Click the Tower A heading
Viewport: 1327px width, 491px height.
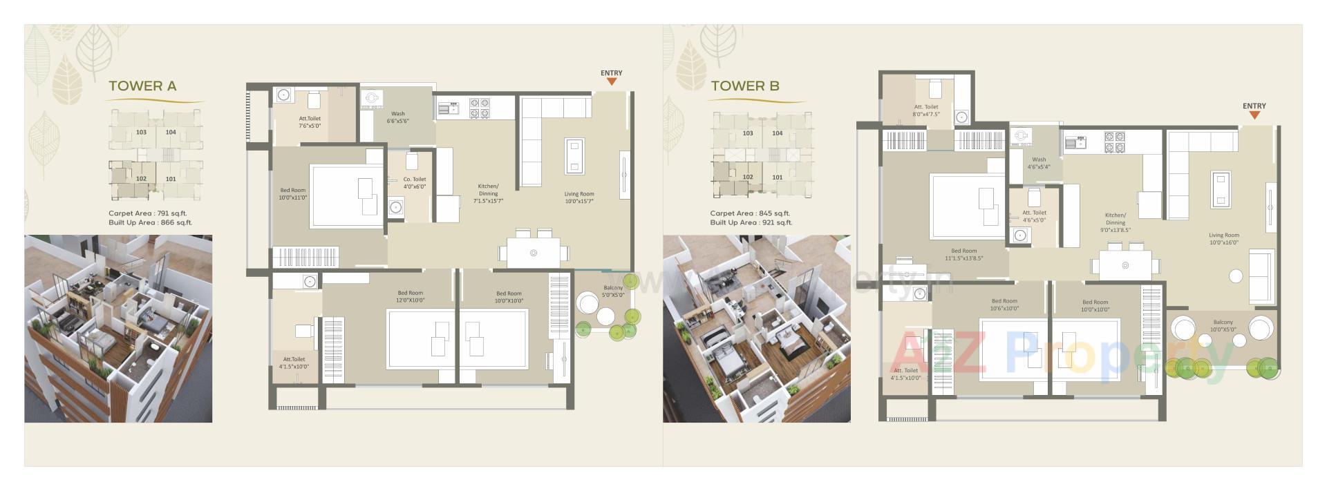pos(142,86)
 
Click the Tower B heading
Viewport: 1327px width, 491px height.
pos(745,86)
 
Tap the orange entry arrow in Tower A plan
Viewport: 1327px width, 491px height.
pos(612,81)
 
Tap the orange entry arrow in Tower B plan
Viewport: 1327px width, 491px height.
pos(1254,115)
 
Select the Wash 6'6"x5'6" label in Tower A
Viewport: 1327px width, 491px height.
pos(398,117)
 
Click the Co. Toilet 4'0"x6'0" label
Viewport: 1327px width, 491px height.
pos(415,183)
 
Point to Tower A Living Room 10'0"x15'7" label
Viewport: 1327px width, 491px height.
pos(579,198)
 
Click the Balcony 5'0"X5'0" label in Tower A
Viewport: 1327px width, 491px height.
pos(613,291)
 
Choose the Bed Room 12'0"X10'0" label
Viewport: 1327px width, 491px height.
pos(411,297)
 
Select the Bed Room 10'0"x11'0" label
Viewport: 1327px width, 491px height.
pos(293,194)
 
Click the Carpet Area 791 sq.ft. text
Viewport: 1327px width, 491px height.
pos(147,213)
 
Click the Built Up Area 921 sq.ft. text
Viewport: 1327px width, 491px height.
pos(751,222)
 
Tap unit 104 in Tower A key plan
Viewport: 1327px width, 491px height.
pos(171,132)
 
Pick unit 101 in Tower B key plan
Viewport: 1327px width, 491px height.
pos(778,177)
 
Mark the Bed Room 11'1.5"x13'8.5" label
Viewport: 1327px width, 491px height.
pos(964,255)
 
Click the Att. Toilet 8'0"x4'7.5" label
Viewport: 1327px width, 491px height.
pos(926,110)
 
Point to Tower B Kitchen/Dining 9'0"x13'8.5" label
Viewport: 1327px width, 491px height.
pos(1116,222)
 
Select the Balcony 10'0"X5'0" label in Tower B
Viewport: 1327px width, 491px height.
pos(1223,326)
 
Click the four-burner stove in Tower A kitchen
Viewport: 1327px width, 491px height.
pos(480,108)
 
